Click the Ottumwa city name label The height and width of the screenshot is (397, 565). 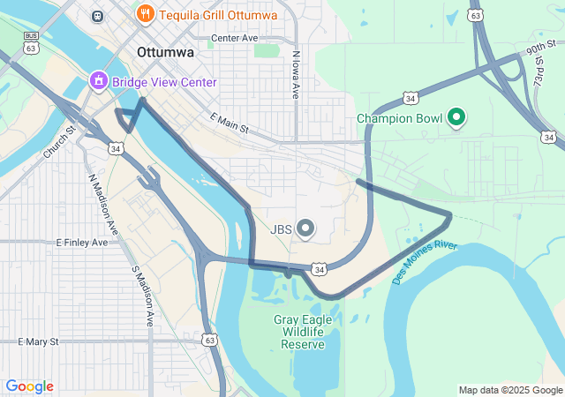[x=165, y=53]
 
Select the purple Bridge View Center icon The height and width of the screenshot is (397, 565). [x=97, y=82]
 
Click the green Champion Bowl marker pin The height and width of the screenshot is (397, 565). [x=456, y=117]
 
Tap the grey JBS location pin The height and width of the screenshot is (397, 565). [x=305, y=229]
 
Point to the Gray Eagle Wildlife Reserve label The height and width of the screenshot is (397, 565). [x=303, y=331]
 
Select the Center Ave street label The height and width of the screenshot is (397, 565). [x=234, y=39]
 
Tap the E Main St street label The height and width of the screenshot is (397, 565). [x=230, y=124]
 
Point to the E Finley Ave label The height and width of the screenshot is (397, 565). [x=81, y=242]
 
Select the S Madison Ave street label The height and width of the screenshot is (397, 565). [x=142, y=291]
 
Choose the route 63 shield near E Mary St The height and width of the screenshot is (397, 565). [x=209, y=340]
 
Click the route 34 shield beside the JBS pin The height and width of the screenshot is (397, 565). [x=319, y=268]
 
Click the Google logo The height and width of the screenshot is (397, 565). [x=29, y=386]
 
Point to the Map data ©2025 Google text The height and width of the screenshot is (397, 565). [x=510, y=390]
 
